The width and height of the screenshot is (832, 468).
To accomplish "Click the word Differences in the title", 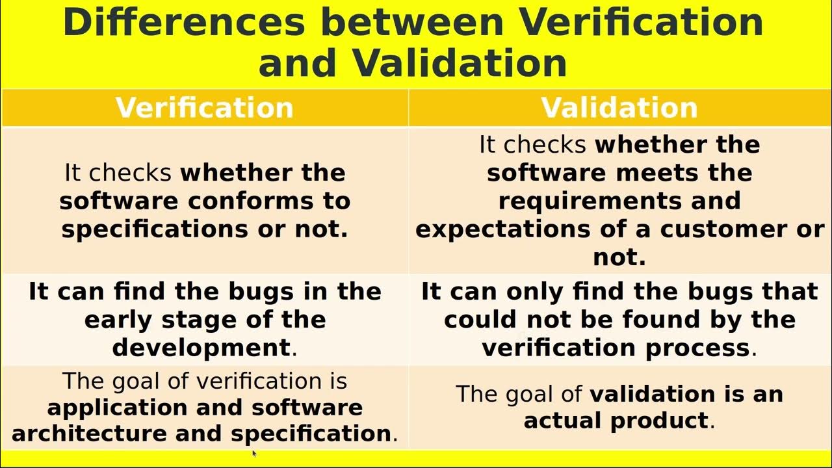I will tap(184, 22).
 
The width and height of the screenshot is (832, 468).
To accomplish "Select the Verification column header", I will tap(205, 108).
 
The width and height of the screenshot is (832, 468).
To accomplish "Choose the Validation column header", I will tap(619, 108).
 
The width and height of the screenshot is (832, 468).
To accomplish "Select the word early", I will tap(114, 320).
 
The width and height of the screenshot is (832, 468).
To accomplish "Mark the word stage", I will tap(187, 320).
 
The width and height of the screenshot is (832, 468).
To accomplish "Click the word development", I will tap(201, 348).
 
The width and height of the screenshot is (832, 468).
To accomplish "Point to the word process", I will tap(697, 348).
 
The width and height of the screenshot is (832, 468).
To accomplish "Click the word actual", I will tap(562, 421).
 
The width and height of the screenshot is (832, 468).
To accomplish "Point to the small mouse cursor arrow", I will tap(253, 453).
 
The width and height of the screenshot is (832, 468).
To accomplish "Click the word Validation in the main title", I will tap(460, 63).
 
